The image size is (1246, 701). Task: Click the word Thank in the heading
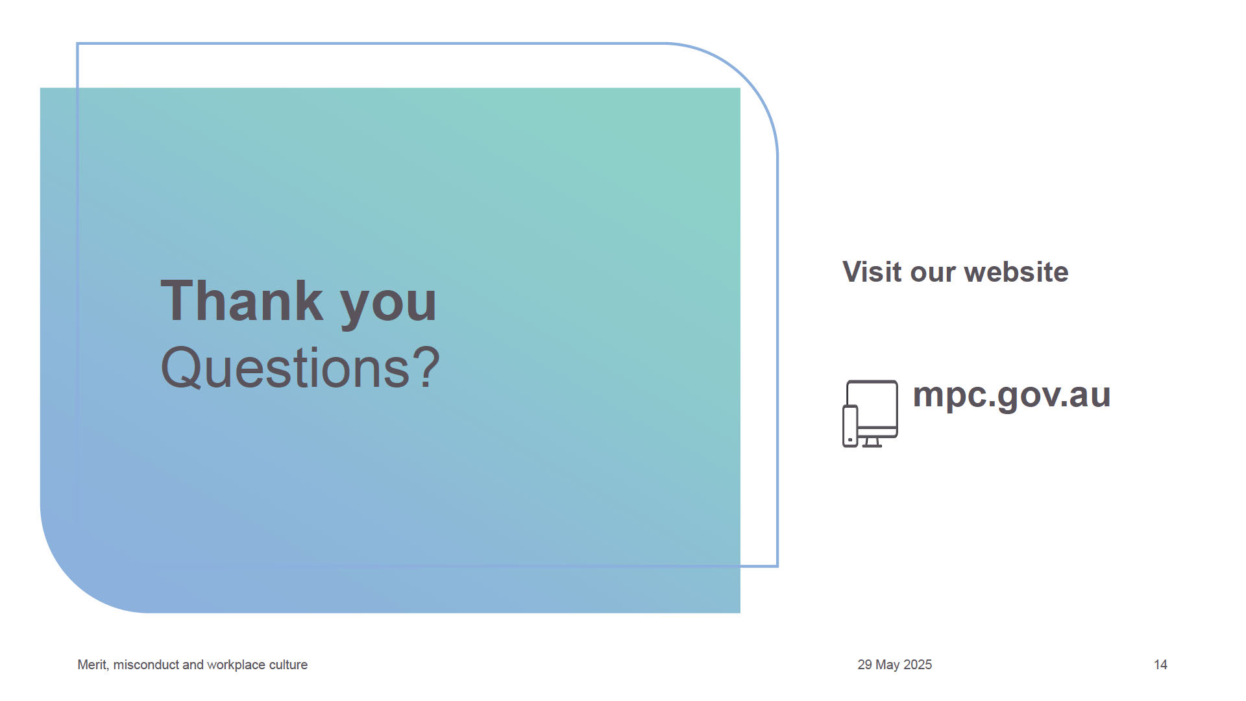(x=241, y=301)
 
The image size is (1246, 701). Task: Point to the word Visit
(x=873, y=272)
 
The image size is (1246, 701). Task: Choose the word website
(x=1016, y=272)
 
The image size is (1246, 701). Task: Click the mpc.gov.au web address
(x=1012, y=396)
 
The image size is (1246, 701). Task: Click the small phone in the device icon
(x=850, y=426)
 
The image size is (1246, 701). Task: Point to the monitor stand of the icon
(x=872, y=443)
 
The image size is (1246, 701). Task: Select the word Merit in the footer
(x=93, y=665)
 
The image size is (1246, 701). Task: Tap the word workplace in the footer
(x=237, y=665)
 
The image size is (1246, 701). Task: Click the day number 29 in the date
(x=864, y=665)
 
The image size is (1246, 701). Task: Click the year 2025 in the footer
(x=918, y=665)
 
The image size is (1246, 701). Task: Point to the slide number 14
(x=1160, y=665)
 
